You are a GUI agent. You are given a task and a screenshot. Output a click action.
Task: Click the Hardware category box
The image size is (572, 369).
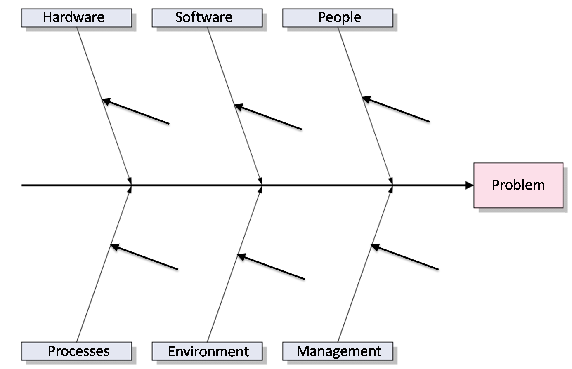click(77, 18)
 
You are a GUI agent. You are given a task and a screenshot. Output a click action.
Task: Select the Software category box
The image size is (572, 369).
click(207, 18)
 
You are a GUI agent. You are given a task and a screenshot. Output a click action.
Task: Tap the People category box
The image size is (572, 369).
click(338, 18)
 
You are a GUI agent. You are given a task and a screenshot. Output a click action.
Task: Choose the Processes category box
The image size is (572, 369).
click(77, 351)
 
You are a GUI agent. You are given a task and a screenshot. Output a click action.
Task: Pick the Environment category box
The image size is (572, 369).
click(207, 351)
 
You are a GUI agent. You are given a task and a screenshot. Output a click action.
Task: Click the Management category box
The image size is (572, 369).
click(338, 351)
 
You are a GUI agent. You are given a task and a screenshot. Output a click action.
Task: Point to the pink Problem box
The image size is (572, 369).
click(518, 185)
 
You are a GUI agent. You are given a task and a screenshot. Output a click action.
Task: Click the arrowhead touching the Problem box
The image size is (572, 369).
click(469, 185)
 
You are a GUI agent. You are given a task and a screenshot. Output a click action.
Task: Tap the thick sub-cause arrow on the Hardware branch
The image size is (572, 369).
click(135, 111)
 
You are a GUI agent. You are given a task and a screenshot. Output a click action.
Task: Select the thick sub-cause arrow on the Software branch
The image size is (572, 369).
click(268, 117)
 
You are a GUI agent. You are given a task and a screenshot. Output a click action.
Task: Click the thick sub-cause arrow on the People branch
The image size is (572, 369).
click(396, 109)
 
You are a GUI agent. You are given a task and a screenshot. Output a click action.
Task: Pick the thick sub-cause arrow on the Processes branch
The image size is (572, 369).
click(144, 256)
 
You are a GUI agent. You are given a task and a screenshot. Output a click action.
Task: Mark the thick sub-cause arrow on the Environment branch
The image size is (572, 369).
click(271, 266)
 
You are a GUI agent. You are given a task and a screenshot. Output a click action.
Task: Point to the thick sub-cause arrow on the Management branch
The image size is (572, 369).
click(405, 256)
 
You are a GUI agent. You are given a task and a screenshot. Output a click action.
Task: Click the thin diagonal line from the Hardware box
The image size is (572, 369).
click(104, 106)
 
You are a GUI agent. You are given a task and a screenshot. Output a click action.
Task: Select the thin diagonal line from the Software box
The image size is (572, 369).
click(235, 106)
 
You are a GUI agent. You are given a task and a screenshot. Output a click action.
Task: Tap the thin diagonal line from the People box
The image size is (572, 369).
click(365, 106)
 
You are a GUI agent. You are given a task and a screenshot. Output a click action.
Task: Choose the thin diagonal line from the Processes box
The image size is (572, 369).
click(104, 264)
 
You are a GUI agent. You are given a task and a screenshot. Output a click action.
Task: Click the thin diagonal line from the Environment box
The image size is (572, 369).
click(235, 264)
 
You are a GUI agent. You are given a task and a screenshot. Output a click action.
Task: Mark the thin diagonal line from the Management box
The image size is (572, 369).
click(365, 264)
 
